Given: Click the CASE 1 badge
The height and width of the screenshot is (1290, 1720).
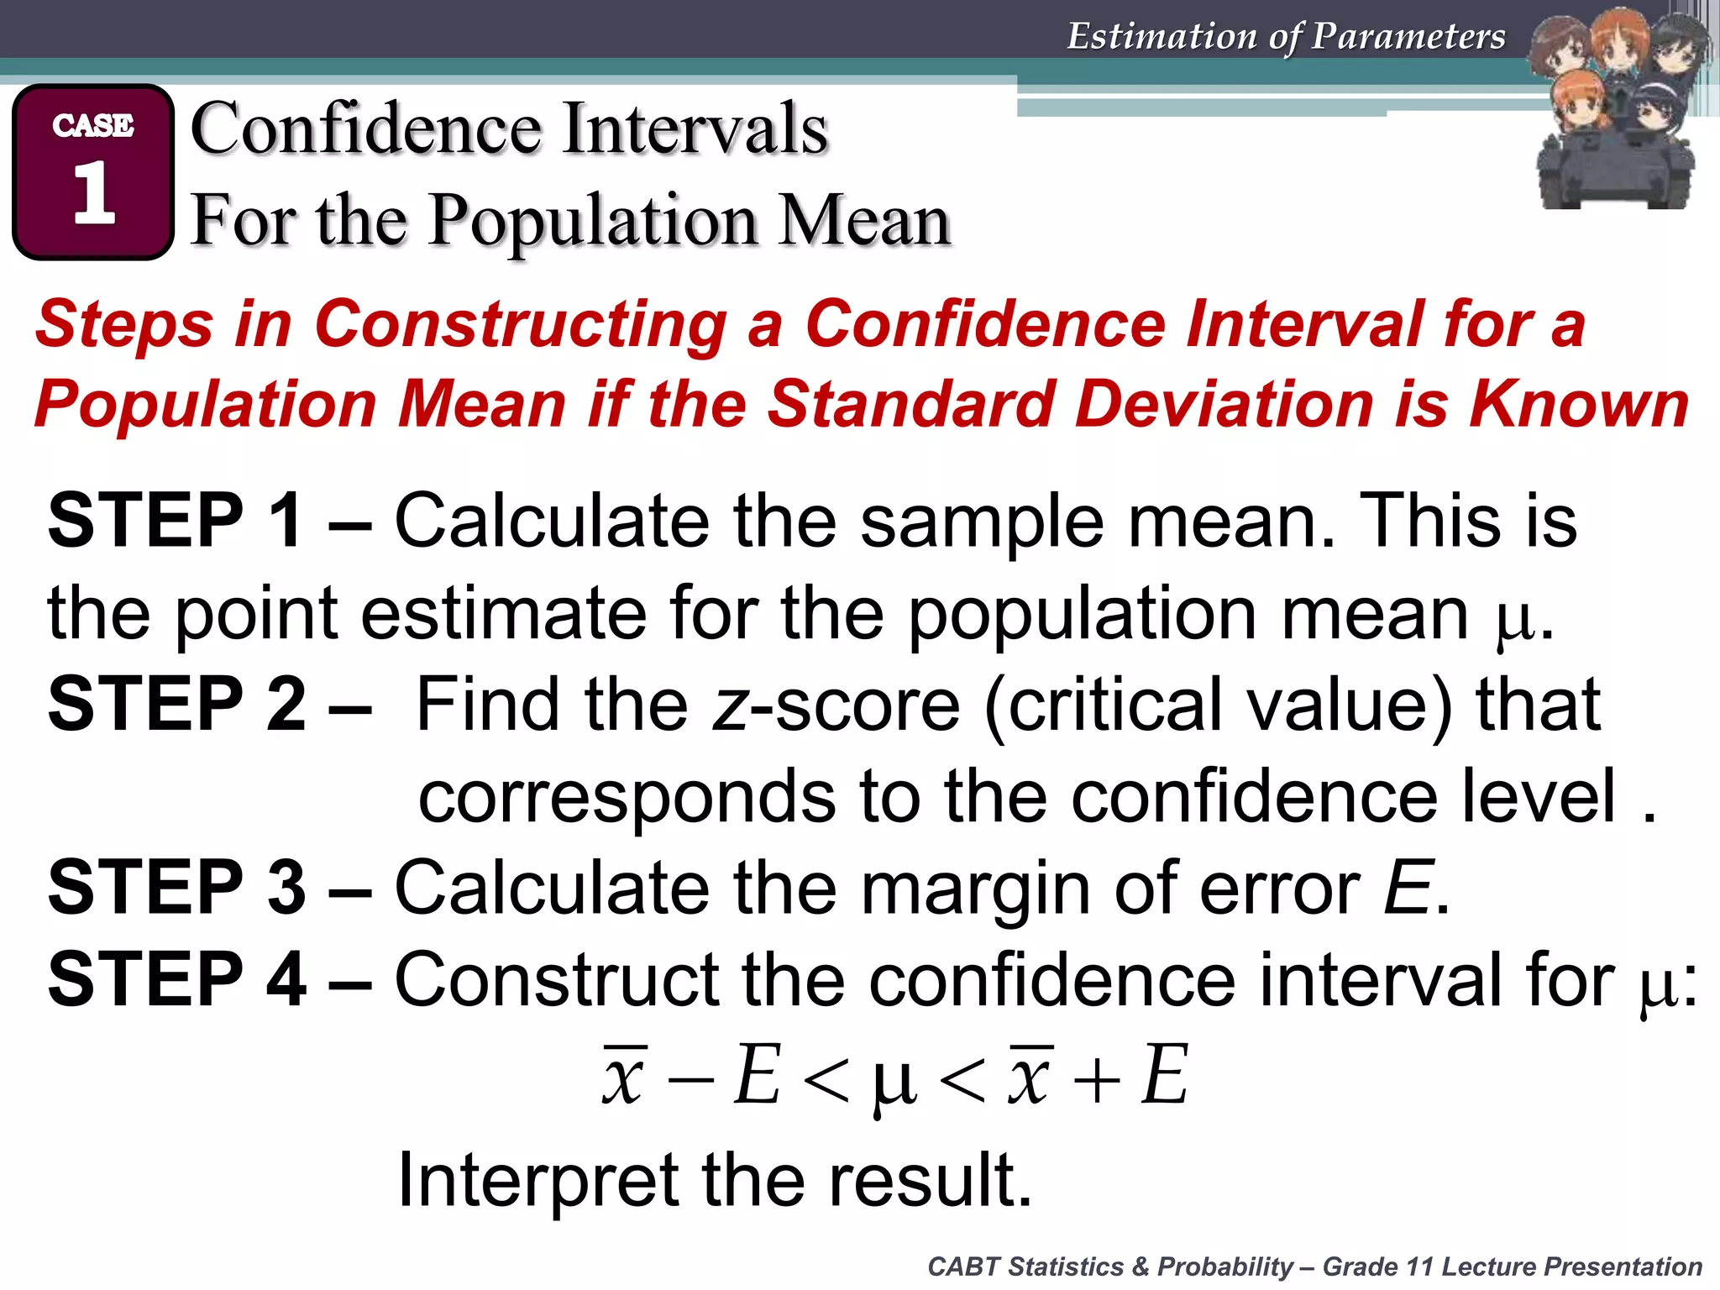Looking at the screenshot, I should point(93,172).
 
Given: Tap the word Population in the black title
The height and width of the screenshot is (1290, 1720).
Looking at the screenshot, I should point(593,220).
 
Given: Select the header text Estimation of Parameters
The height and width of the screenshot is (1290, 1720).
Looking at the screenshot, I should point(1286,36).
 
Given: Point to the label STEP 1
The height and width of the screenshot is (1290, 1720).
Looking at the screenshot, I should point(175,521).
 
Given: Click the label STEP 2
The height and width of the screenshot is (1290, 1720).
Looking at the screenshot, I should point(176,704).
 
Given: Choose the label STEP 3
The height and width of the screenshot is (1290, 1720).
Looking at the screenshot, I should point(176,887).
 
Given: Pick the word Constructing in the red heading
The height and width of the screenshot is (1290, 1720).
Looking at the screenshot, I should point(521,325).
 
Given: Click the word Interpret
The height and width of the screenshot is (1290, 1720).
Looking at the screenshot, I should point(537,1180).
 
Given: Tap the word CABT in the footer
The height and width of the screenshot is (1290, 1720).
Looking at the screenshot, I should point(964,1266).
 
